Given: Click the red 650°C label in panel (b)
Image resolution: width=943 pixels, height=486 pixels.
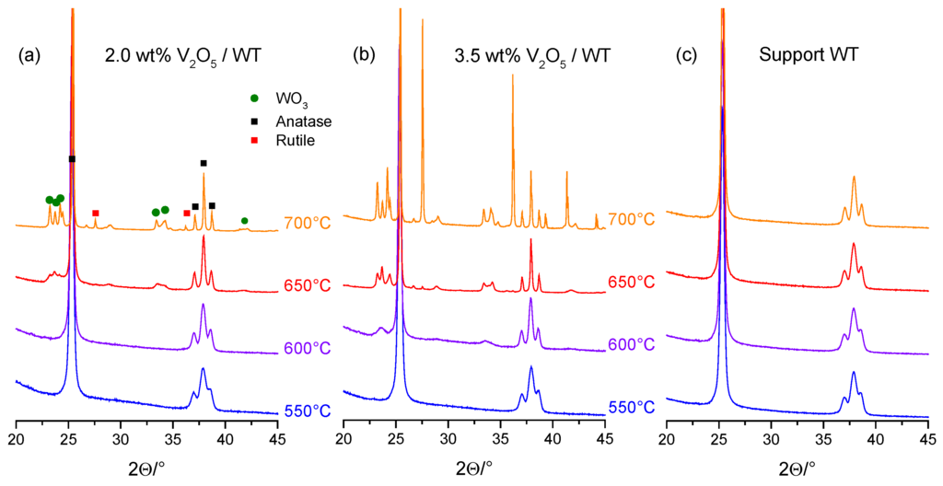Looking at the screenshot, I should [631, 282].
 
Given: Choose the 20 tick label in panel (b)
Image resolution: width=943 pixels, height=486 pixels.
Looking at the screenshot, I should [343, 440].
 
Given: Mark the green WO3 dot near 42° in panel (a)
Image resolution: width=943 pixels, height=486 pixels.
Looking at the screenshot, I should [244, 221].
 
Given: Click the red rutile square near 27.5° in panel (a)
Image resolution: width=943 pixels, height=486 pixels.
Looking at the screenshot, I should [96, 214].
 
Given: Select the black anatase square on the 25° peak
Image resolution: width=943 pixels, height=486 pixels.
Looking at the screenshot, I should [72, 159].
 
